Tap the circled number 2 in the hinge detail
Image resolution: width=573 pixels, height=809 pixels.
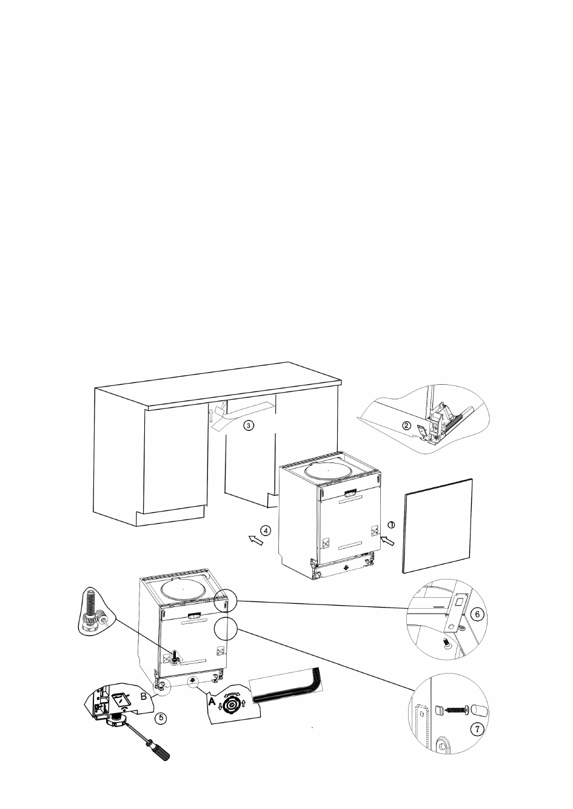point(407,425)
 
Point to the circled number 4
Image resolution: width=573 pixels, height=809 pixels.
point(268,530)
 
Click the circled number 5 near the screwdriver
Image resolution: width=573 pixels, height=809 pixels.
point(160,717)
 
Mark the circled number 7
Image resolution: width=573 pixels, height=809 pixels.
point(478,730)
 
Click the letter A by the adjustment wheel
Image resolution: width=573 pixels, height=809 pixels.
point(212,700)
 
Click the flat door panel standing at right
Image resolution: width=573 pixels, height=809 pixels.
point(438,525)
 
